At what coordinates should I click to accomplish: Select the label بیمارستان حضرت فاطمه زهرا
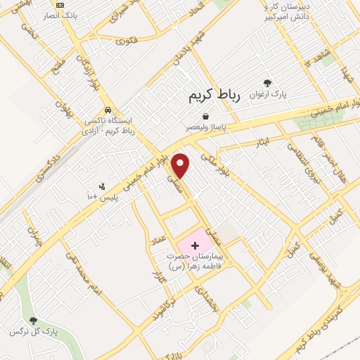point(194,262)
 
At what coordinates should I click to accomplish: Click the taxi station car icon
point(107,110)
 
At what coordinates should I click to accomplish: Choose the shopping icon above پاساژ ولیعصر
point(205,115)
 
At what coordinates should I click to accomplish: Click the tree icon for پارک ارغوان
point(266,82)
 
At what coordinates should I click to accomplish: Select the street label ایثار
point(262,143)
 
